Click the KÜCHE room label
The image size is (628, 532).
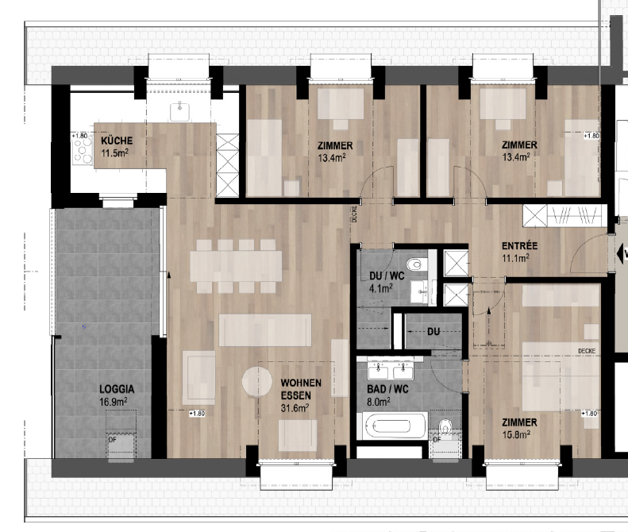tap(117, 141)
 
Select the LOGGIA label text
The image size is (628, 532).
tap(116, 390)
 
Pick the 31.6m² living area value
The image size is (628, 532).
tap(295, 408)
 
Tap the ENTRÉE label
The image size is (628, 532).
tap(520, 245)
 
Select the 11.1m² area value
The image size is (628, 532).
tap(515, 257)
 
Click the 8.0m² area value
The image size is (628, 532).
tap(380, 402)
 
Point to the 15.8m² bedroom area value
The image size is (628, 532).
tap(514, 434)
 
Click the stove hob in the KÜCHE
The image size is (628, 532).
tap(83, 152)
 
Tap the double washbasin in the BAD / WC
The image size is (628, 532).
tap(394, 369)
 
